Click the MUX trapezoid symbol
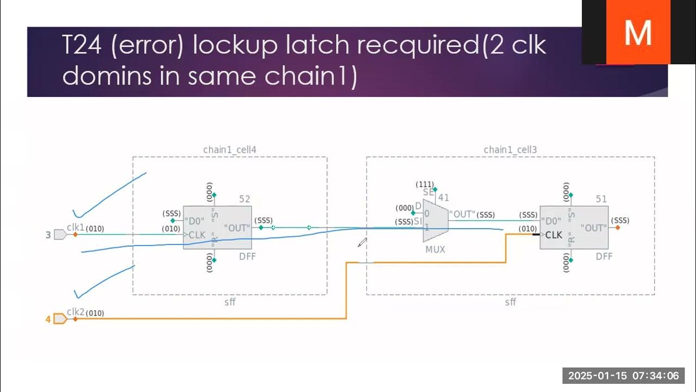pos(436,220)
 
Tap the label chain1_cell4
pos(229,150)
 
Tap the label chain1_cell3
pos(510,150)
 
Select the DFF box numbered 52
pos(217,228)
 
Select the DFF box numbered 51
pos(574,228)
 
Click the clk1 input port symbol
pos(60,235)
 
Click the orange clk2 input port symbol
pos(60,318)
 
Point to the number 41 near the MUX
pos(444,198)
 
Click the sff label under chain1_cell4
pos(229,302)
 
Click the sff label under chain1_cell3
pos(510,302)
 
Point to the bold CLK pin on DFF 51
pos(554,235)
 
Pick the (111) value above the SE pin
pos(424,185)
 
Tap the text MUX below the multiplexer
pos(435,249)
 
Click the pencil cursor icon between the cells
pos(362,242)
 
